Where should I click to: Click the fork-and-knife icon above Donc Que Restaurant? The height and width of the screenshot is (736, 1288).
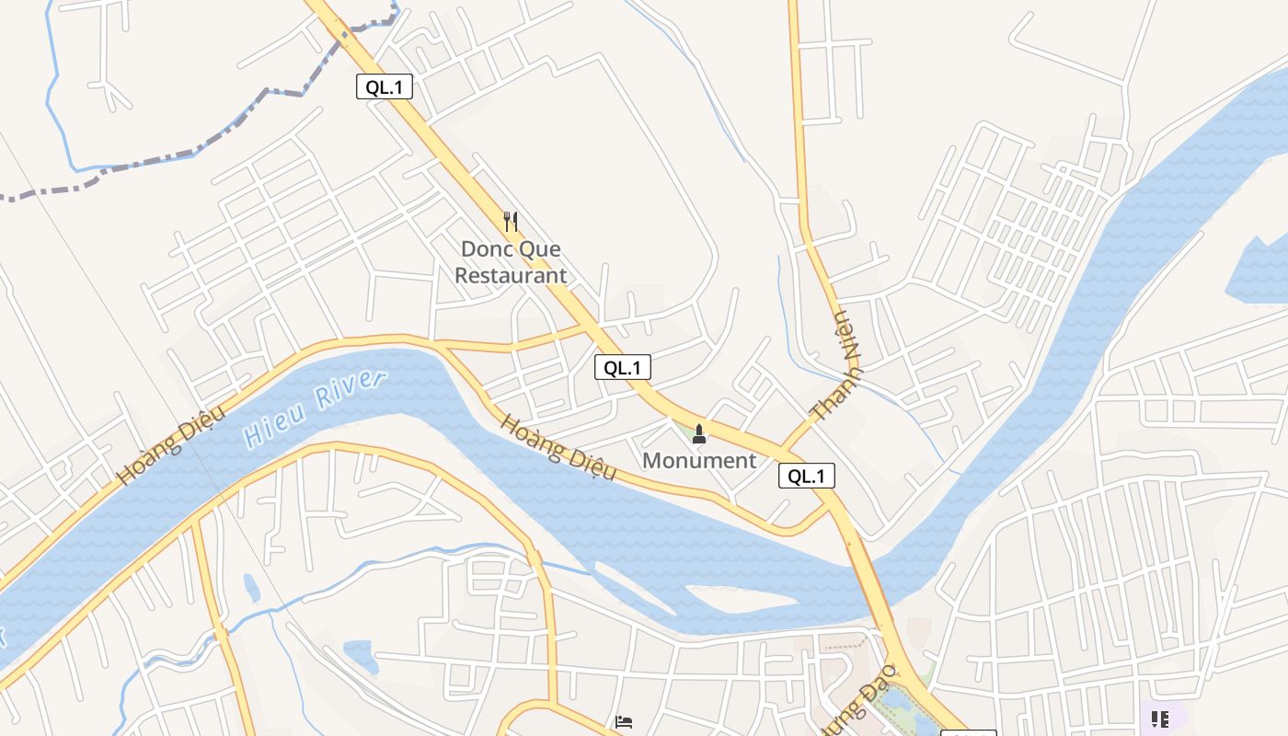click(512, 222)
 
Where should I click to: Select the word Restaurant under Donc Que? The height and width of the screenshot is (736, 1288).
click(511, 275)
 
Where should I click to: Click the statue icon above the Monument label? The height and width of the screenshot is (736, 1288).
click(699, 433)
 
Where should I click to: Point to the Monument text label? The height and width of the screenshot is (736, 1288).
click(699, 460)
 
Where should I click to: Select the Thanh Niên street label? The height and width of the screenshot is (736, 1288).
click(837, 368)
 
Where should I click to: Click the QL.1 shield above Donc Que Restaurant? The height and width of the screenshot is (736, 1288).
click(385, 87)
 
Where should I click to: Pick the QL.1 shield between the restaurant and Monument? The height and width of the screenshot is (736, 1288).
click(623, 368)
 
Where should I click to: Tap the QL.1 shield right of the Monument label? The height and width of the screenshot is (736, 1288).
click(807, 476)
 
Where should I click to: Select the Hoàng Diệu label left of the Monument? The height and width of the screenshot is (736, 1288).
click(558, 447)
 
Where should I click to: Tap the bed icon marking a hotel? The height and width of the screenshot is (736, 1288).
click(624, 723)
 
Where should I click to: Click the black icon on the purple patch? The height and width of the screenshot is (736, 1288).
click(1160, 719)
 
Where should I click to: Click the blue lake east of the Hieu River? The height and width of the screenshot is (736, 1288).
click(1260, 271)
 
